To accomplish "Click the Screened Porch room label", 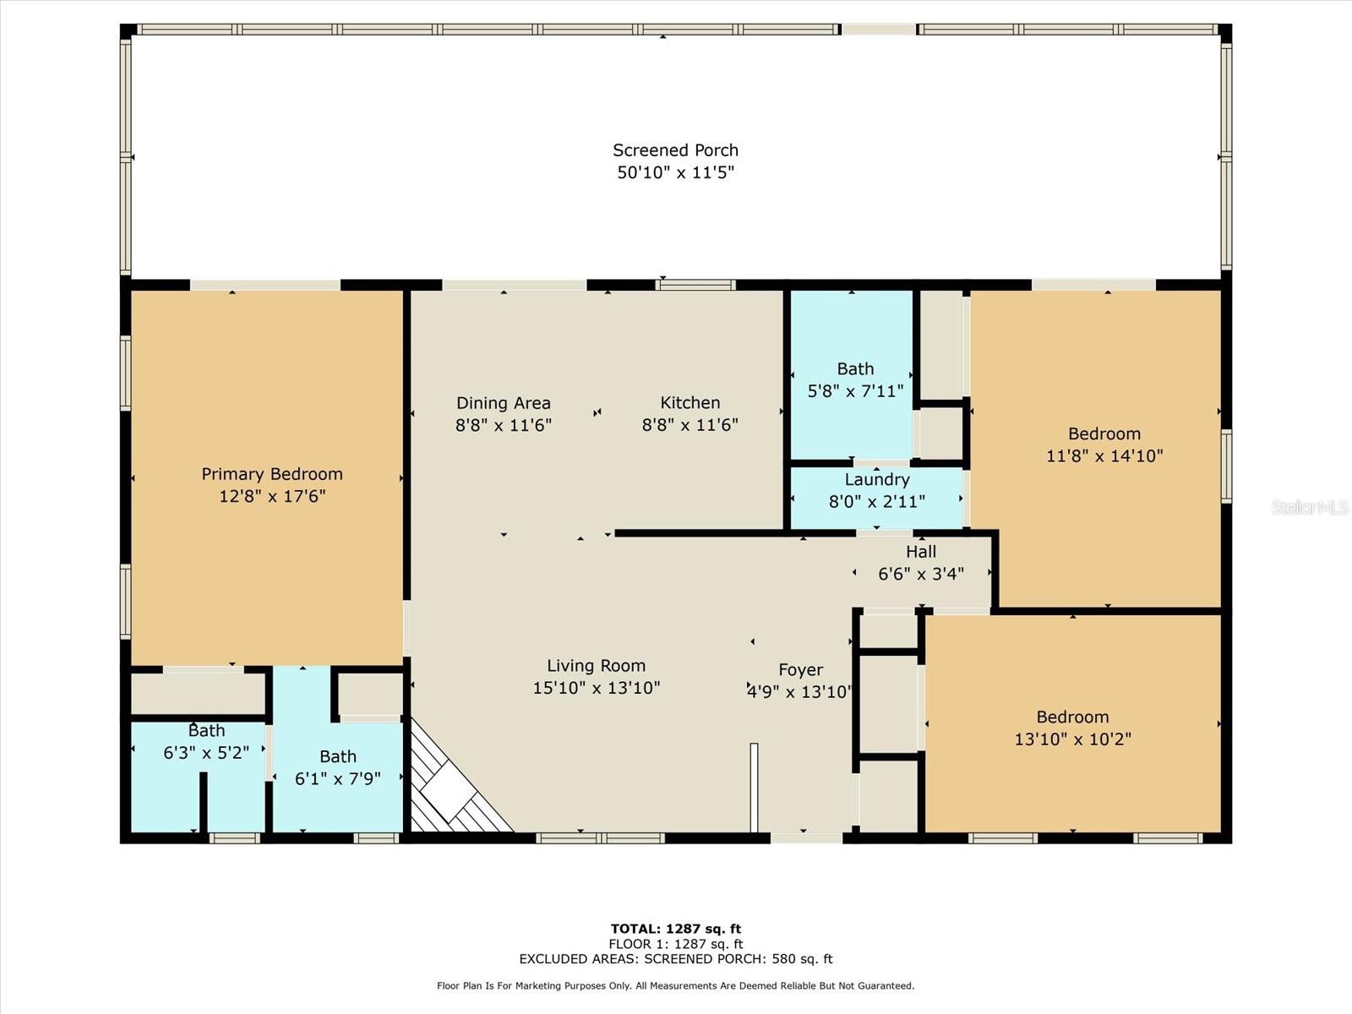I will point(675,150).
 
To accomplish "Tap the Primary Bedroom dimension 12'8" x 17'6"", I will point(272,496).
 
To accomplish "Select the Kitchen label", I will point(690,403).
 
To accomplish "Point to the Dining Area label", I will point(503,403).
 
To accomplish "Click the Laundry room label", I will point(876,480).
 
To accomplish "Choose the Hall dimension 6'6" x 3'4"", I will point(920,574).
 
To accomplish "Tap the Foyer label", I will point(800,670).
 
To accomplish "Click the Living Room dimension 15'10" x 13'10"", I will point(596,688).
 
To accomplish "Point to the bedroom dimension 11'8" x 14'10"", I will point(1104,455).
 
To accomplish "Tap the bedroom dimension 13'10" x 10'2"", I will point(1072,739).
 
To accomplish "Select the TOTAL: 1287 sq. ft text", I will point(675,929).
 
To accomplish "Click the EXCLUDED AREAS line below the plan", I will point(675,959).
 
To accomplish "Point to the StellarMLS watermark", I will point(1309,507).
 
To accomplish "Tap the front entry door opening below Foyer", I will point(805,837).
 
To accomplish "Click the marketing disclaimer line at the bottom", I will point(675,986).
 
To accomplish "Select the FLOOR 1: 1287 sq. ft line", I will point(675,944).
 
